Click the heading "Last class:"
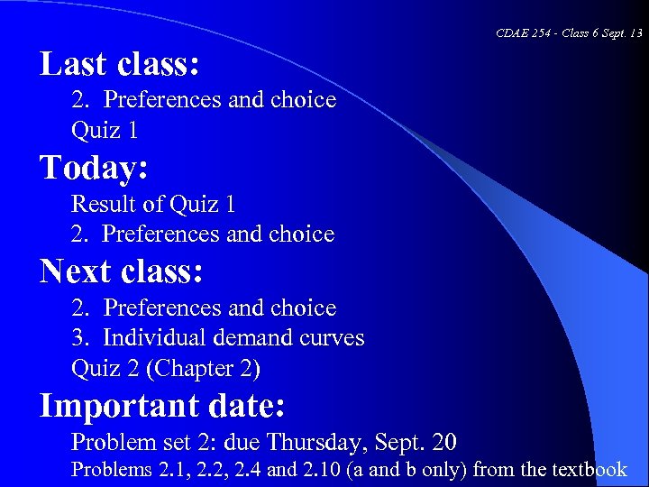[119, 64]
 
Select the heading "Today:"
[94, 168]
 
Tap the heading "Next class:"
[122, 271]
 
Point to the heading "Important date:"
[162, 406]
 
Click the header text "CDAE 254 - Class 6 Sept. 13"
[569, 33]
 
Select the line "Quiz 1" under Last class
[105, 130]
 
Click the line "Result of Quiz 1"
[153, 204]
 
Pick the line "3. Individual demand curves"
[218, 338]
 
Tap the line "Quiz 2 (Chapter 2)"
[166, 369]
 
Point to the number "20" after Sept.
[443, 443]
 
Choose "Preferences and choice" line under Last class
[220, 99]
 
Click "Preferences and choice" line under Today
[218, 234]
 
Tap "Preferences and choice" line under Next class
[220, 308]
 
